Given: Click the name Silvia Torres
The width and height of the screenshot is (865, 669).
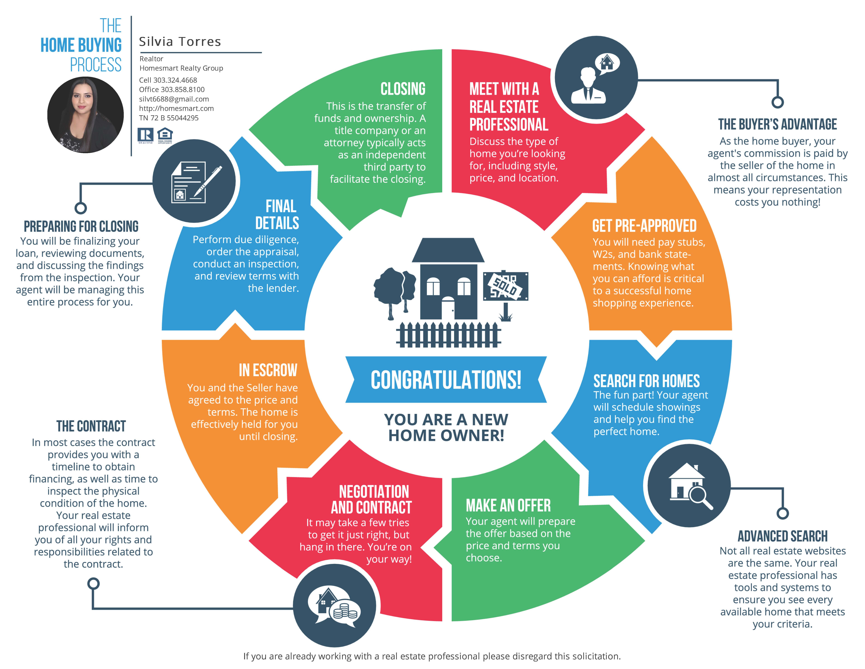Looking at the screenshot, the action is pos(180,42).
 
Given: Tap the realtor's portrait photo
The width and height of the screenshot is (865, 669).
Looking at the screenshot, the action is pos(85,115).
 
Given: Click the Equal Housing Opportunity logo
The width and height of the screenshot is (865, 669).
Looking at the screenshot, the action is pos(165,135).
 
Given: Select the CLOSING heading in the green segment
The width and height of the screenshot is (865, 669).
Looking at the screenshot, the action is pos(403,89).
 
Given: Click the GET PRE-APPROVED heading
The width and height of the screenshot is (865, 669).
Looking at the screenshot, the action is pos(644,226).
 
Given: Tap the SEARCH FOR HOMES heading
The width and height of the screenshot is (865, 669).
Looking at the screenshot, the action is pos(646,381).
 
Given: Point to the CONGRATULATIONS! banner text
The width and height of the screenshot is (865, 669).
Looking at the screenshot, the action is pos(446,380).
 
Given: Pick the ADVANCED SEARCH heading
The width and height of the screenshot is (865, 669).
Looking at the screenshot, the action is pos(783,536).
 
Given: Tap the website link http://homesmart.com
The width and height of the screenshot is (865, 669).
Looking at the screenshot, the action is pos(176,108).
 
